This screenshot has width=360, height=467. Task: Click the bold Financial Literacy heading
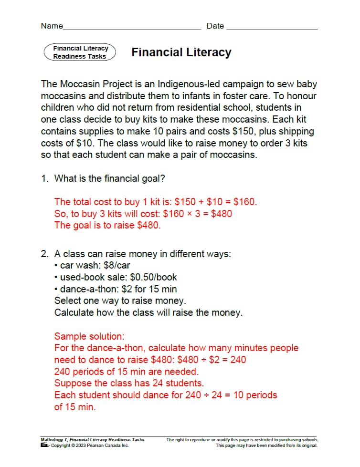[181, 52]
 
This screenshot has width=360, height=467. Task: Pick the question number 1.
[44, 178]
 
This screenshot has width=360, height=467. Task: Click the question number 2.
[44, 254]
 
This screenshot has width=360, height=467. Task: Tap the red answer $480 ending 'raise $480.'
[148, 225]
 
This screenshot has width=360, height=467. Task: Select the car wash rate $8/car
[117, 266]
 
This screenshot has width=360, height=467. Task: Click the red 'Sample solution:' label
[83, 336]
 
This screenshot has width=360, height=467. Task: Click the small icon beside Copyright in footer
[44, 446]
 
